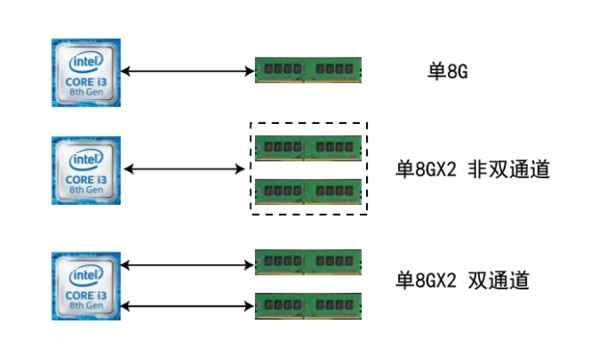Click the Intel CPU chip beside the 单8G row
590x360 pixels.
(85, 71)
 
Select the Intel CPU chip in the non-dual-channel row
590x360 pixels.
(85, 169)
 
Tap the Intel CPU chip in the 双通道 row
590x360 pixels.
(85, 286)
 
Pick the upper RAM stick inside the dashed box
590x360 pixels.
(308, 147)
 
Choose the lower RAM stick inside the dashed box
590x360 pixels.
(308, 190)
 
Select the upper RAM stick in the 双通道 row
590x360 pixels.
(308, 262)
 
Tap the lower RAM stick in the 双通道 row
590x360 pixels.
(308, 305)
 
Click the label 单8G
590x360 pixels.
(448, 71)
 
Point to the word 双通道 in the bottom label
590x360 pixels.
(497, 281)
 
